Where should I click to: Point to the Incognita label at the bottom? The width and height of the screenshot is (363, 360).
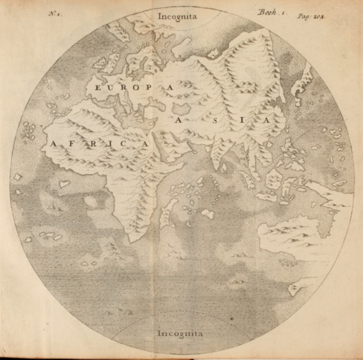(180, 333)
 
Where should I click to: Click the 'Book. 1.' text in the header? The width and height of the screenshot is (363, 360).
(271, 13)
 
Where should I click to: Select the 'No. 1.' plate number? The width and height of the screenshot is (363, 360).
(56, 14)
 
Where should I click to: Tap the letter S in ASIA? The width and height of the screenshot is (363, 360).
(215, 120)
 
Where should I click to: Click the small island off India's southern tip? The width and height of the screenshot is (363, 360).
(223, 168)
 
